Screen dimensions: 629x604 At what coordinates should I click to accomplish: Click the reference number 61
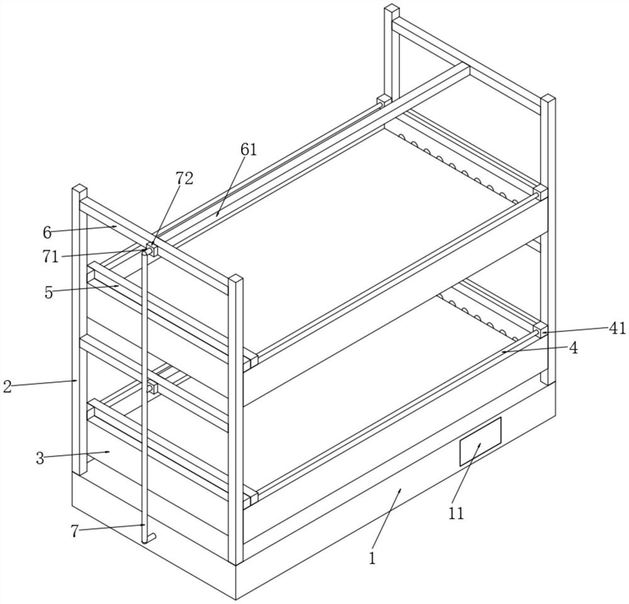248,150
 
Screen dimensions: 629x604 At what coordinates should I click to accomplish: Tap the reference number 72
184,178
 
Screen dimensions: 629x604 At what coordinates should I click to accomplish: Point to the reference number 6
47,233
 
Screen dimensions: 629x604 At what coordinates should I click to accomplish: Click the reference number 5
48,293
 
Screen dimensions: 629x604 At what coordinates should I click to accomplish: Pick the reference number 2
7,386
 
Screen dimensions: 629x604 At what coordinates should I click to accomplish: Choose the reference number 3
40,458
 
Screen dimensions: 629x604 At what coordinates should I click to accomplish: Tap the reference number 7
75,532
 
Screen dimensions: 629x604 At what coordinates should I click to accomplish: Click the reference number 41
617,328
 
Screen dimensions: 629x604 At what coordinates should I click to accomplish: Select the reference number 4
573,348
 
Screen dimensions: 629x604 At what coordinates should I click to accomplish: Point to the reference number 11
456,513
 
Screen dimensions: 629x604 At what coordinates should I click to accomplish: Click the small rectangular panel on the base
480,441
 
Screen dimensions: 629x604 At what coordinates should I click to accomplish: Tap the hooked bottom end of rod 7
147,538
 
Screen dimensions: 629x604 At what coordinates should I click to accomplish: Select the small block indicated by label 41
540,329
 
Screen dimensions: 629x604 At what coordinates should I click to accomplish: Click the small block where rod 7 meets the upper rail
150,249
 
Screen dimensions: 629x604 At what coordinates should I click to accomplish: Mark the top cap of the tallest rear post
392,9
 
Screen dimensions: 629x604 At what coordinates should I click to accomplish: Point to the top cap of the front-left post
79,189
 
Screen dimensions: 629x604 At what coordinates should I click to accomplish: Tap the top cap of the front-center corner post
235,279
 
